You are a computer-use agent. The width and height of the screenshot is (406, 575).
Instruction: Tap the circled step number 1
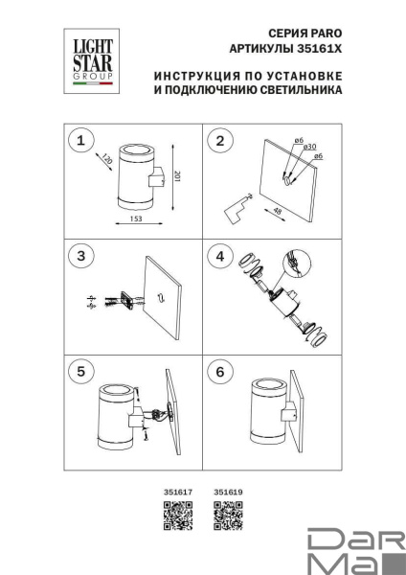point(81,141)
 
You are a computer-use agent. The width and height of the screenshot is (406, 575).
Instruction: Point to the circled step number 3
point(81,256)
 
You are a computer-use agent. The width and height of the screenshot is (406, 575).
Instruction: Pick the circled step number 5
point(81,371)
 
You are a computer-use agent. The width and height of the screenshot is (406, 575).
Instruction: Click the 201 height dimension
point(177,176)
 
